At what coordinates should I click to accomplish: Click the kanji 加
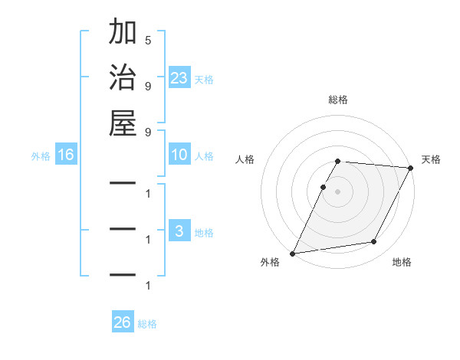[123, 33]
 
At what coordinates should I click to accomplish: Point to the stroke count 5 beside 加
[147, 40]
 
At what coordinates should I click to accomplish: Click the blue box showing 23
[179, 78]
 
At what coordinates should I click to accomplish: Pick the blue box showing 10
[179, 155]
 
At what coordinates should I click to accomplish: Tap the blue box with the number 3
[179, 232]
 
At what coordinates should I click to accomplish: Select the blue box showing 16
[66, 155]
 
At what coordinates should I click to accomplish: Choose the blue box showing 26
[122, 322]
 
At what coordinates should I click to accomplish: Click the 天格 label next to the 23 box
[204, 80]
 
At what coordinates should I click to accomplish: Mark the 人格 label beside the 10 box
[204, 156]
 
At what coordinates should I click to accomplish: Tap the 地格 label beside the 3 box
[204, 233]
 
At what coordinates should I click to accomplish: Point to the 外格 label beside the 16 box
[41, 156]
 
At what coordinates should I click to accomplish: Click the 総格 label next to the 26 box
[147, 324]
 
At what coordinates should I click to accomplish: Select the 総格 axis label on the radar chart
[338, 100]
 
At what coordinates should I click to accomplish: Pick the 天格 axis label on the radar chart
[431, 159]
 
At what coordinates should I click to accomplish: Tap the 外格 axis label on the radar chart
[269, 262]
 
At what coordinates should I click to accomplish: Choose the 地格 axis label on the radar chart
[402, 262]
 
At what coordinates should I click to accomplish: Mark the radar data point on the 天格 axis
[411, 168]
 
